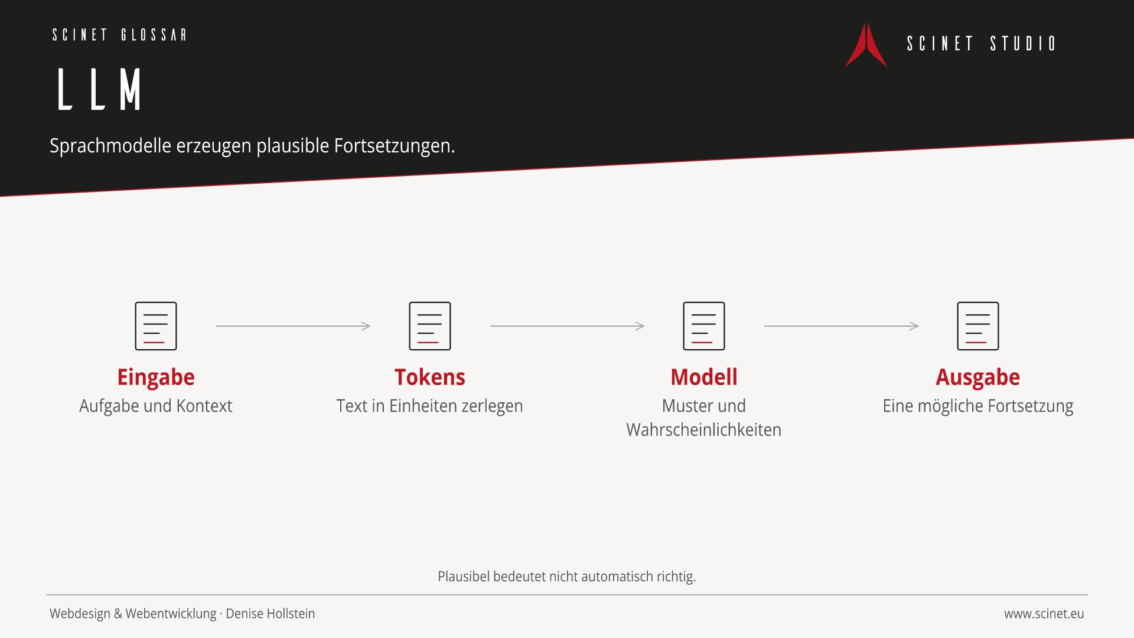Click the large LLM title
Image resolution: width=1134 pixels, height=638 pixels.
click(x=99, y=89)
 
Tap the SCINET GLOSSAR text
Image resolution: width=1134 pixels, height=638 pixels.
click(x=119, y=35)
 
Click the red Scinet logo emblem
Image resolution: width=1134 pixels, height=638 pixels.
click(x=866, y=45)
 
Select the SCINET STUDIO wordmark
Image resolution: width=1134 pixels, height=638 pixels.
click(x=981, y=44)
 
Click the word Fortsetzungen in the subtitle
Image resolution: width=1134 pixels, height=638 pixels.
click(x=395, y=146)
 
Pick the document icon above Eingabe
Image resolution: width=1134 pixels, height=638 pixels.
click(x=156, y=326)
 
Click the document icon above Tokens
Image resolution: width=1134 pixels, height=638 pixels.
click(x=430, y=326)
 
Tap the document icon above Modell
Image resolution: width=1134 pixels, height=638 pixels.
click(x=704, y=326)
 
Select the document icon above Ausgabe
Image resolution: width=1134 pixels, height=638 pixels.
click(x=978, y=326)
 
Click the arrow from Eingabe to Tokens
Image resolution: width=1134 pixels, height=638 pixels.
click(x=293, y=326)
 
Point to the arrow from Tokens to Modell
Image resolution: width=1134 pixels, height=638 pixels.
click(x=567, y=326)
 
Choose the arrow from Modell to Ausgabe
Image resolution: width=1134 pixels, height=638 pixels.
click(x=841, y=326)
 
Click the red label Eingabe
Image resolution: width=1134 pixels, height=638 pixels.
click(x=156, y=377)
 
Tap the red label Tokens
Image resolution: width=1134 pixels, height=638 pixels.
click(x=430, y=377)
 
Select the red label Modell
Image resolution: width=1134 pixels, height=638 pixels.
click(x=704, y=377)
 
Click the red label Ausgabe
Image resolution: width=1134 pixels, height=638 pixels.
click(x=978, y=377)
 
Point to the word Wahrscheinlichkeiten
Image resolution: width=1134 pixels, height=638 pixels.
click(x=704, y=430)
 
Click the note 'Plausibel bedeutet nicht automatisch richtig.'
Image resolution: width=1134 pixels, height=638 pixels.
click(x=567, y=577)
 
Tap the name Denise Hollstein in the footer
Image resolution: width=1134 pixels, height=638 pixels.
click(x=271, y=614)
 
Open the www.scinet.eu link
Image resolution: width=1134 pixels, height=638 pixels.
click(x=1044, y=614)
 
